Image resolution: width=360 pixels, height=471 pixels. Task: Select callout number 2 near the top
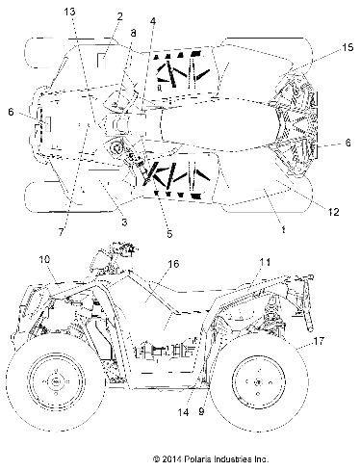click(x=119, y=16)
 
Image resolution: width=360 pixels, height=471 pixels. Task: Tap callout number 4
click(x=153, y=21)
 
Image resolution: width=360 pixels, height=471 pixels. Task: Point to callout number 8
click(x=133, y=34)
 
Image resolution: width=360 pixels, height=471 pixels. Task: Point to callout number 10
click(x=42, y=259)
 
